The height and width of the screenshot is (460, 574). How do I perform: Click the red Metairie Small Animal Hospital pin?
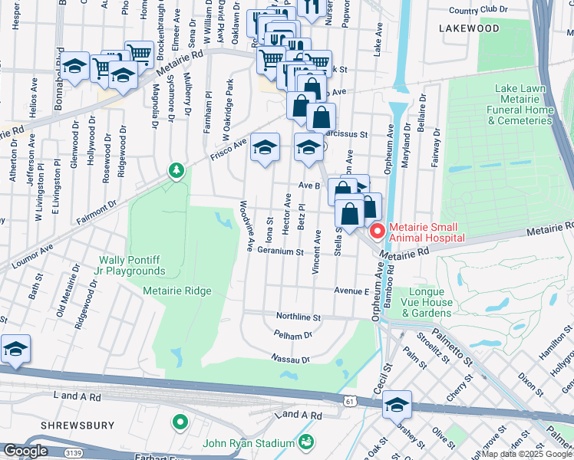click(377, 231)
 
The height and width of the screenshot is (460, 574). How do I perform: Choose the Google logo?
click(25, 451)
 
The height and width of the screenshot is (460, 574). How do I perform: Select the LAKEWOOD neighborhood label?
click(469, 28)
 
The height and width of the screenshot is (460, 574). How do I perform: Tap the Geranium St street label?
click(281, 251)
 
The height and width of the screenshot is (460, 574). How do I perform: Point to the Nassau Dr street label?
click(289, 358)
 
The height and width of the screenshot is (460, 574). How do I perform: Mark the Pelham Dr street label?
click(292, 335)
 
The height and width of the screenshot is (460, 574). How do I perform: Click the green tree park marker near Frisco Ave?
click(177, 169)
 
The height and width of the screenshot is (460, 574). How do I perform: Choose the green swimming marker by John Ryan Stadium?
click(306, 442)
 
